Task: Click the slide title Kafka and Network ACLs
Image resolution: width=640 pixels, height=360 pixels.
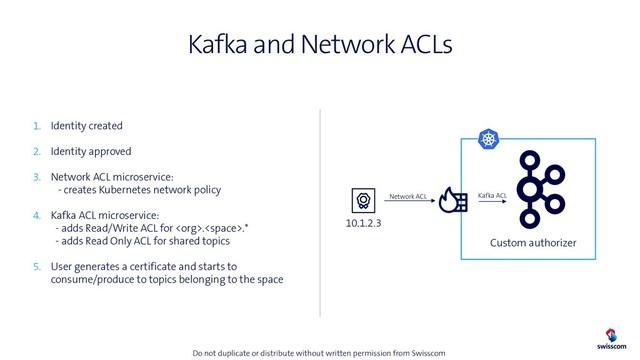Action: pos(320,45)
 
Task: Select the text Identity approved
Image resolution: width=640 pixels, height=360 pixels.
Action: pos(91,152)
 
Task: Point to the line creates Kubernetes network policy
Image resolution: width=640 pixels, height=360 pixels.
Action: pos(140,190)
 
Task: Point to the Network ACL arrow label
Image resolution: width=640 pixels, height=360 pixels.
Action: pos(408,197)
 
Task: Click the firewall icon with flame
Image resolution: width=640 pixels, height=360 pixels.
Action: pos(452,200)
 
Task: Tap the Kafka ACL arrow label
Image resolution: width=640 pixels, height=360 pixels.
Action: pos(493,196)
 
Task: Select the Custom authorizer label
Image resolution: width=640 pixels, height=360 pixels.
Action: pos(533,243)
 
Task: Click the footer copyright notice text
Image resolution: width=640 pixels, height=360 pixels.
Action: pos(318,353)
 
